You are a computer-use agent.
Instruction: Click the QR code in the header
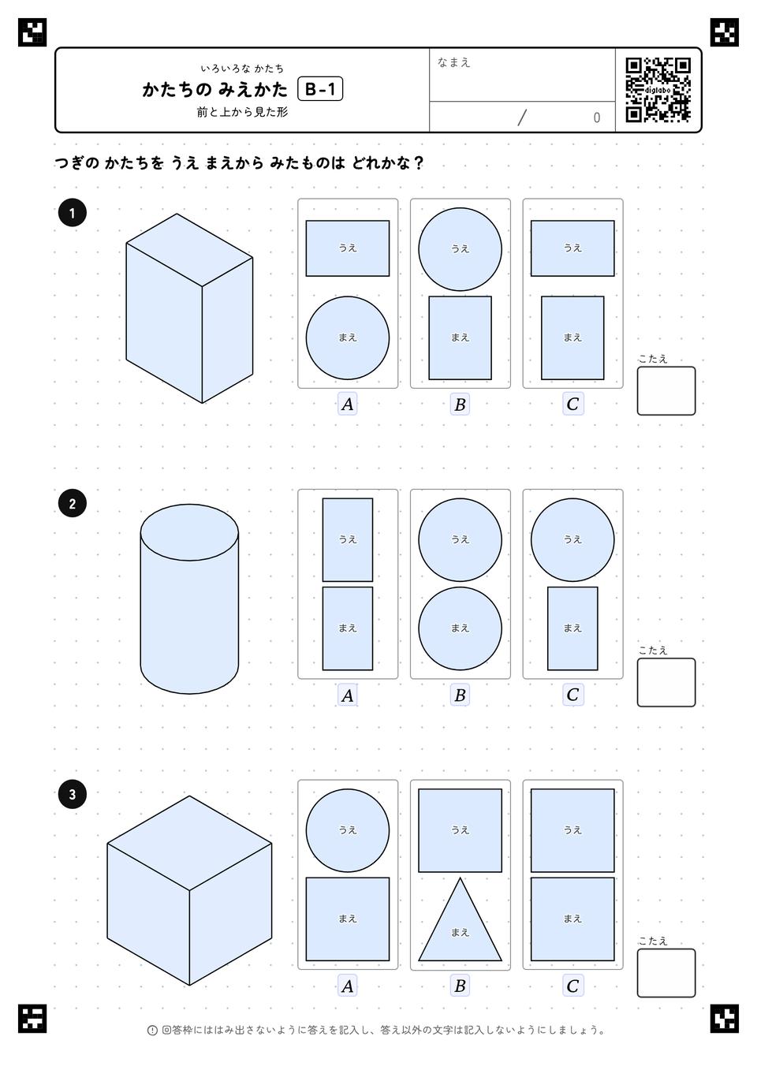(x=658, y=90)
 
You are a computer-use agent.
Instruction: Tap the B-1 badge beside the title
(x=320, y=89)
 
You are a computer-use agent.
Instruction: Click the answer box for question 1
(x=666, y=391)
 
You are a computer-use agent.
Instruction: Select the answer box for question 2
(x=666, y=682)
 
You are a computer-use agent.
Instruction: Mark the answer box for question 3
(x=666, y=973)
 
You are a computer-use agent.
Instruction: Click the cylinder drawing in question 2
(x=189, y=599)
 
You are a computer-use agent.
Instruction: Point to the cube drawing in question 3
(x=189, y=890)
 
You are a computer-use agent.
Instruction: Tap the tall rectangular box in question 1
(x=189, y=308)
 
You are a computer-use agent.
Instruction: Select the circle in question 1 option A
(x=348, y=338)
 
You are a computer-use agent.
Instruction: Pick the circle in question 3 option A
(x=348, y=830)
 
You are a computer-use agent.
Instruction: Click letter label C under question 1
(x=572, y=405)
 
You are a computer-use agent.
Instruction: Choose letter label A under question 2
(x=348, y=695)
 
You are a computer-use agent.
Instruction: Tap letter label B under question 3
(x=460, y=986)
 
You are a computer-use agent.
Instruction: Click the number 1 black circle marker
(x=73, y=213)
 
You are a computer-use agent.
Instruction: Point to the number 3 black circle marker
(x=73, y=794)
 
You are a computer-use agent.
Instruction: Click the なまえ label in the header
(x=453, y=62)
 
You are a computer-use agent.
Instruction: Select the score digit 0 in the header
(x=596, y=117)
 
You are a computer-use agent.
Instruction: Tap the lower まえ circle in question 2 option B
(x=460, y=628)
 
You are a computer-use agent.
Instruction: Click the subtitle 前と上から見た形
(x=242, y=112)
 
